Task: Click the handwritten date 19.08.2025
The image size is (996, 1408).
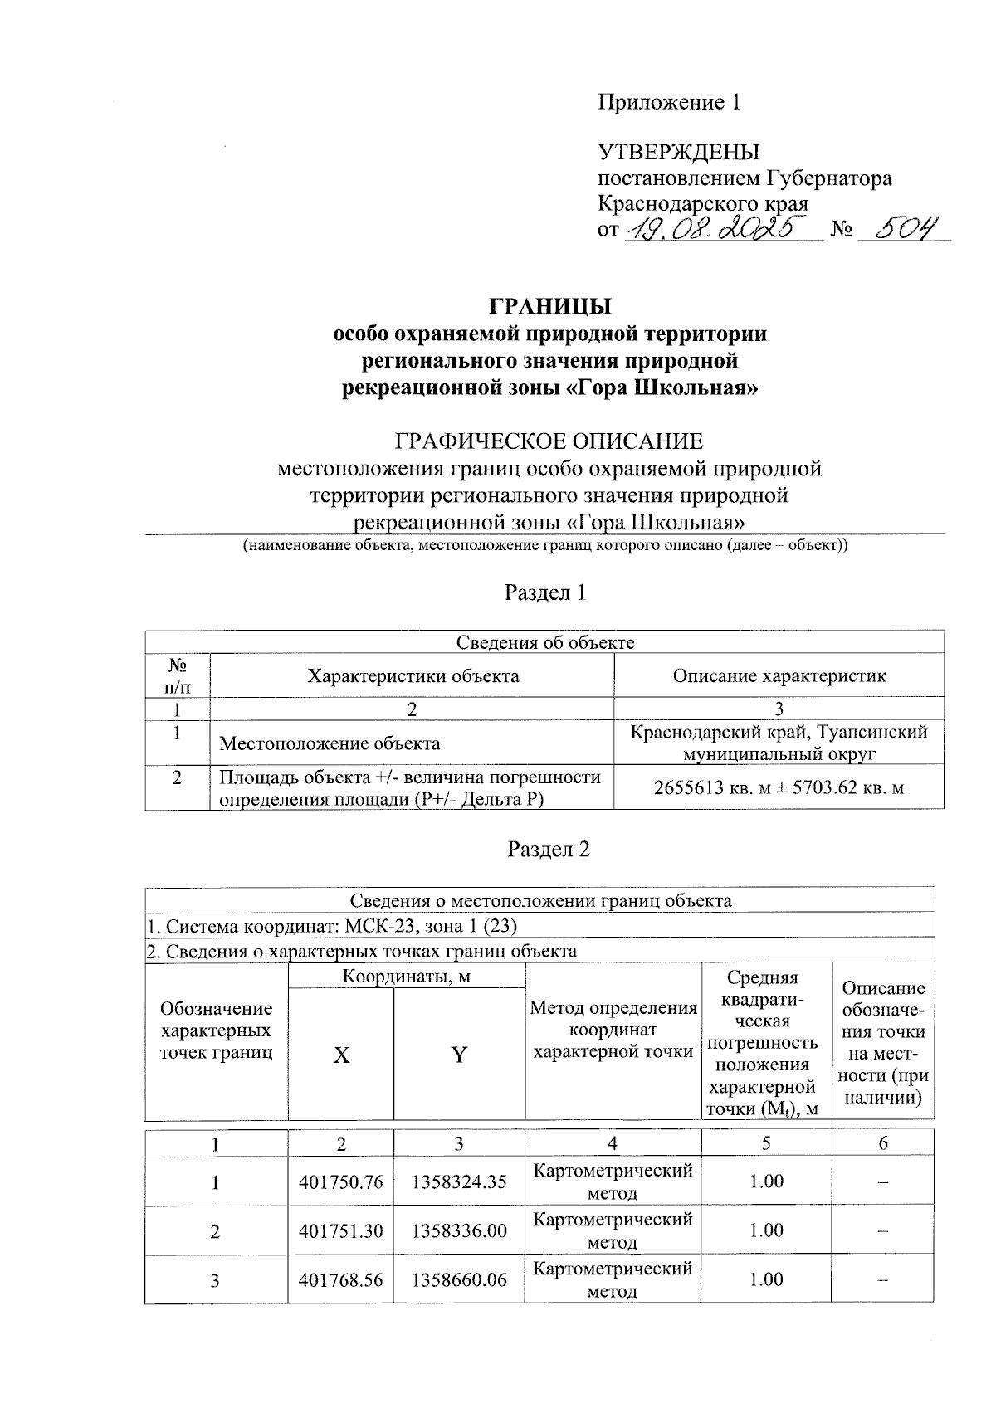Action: click(719, 227)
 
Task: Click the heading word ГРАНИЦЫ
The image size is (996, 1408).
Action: click(549, 306)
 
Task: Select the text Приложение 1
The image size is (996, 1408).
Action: click(669, 102)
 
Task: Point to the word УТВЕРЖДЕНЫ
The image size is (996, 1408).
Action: click(679, 153)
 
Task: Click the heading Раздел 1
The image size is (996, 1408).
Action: click(548, 592)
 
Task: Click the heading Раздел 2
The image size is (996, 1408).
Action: click(548, 850)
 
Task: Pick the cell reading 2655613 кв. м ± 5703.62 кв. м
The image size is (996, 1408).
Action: click(779, 788)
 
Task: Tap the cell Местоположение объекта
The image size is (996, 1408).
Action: click(330, 743)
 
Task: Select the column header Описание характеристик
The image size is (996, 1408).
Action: click(779, 675)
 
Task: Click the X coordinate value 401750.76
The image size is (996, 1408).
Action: click(341, 1181)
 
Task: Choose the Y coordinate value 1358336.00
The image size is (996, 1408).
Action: click(459, 1230)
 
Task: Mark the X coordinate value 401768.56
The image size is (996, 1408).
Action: click(341, 1279)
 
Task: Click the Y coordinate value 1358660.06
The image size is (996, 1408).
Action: click(459, 1279)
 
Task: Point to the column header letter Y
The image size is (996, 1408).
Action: click(459, 1055)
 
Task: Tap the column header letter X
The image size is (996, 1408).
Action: click(341, 1055)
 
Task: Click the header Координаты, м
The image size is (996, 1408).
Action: click(407, 977)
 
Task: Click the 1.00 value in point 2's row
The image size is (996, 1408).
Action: click(766, 1230)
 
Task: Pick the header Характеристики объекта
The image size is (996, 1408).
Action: click(413, 675)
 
